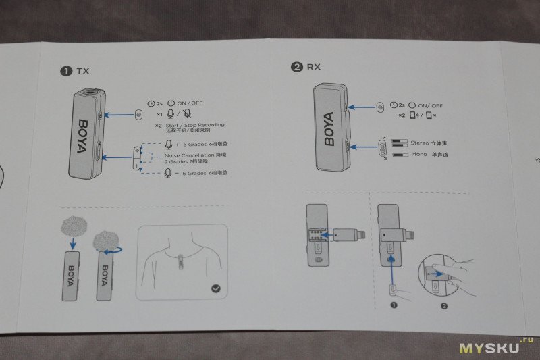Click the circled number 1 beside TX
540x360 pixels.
(x=66, y=70)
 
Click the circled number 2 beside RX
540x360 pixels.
(x=297, y=66)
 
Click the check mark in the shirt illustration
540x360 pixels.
(x=215, y=288)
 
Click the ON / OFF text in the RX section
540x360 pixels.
(x=430, y=105)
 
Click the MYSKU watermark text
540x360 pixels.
(x=489, y=347)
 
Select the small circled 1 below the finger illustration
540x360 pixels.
(x=394, y=305)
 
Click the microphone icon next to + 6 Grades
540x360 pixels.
(x=169, y=144)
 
